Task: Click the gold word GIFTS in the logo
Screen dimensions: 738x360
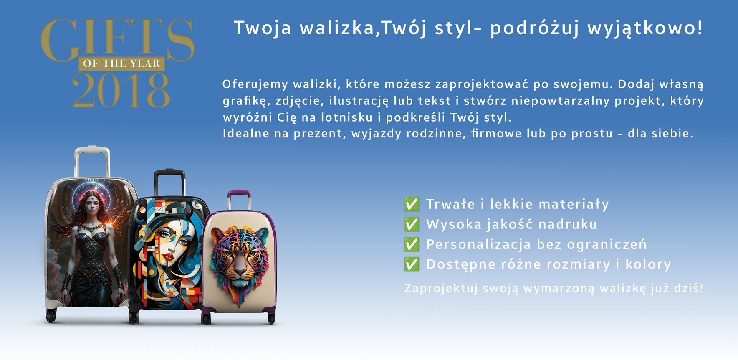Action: tap(118, 39)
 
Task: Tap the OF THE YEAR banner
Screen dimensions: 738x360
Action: tap(121, 63)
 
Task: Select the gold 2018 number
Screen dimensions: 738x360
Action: tap(121, 90)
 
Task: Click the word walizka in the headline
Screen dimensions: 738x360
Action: tap(337, 28)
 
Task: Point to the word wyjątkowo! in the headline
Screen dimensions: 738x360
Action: tap(645, 28)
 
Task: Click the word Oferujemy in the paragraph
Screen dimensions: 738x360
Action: tap(255, 84)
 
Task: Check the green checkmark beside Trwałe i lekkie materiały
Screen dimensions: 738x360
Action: tap(412, 204)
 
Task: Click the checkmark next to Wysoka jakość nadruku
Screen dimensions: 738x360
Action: tap(412, 224)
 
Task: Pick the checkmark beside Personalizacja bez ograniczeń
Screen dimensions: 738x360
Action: tap(412, 244)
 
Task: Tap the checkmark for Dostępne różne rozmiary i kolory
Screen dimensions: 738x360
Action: tap(412, 264)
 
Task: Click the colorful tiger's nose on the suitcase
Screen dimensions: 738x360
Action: tap(240, 271)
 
